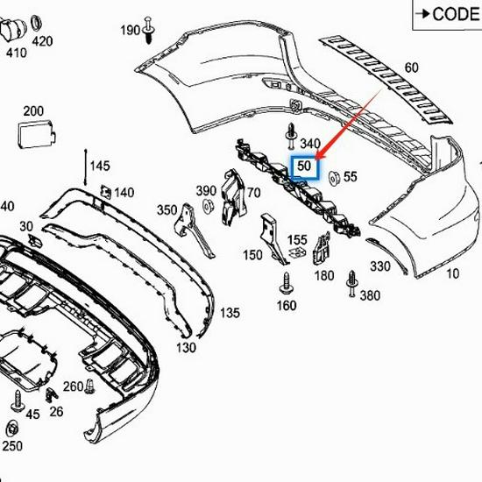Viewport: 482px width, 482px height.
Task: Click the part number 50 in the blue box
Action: tap(304, 166)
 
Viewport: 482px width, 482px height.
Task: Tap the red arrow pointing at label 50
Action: tap(349, 124)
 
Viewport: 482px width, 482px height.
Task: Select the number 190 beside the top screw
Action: tap(131, 31)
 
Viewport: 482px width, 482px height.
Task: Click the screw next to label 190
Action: tap(149, 30)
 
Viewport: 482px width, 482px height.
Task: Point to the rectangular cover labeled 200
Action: tap(37, 133)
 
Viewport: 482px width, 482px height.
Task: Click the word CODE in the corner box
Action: tap(456, 14)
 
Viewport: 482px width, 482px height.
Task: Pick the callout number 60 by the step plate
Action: tap(412, 67)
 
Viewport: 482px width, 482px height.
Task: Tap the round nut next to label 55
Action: tap(334, 178)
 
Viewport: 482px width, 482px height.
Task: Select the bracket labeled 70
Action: tap(233, 197)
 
